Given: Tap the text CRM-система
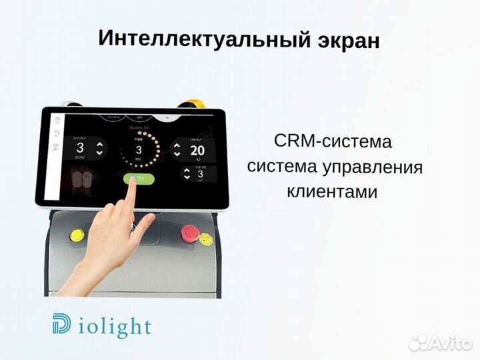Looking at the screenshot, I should (332, 141).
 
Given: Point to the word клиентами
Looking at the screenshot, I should (332, 193).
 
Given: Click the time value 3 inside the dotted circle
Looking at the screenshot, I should (139, 149).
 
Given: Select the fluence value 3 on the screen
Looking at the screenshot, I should (79, 148).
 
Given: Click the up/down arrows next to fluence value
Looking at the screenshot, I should (99, 148).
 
